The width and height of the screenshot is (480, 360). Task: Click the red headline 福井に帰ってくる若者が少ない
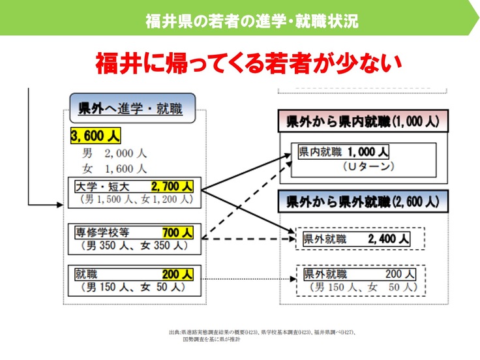click(247, 63)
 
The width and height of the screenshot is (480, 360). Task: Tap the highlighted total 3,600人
click(95, 136)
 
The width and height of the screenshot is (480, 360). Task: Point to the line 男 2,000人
click(114, 154)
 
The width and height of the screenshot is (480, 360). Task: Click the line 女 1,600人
click(114, 168)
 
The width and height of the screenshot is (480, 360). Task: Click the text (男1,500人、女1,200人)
click(136, 199)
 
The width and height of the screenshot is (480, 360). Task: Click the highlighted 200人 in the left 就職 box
click(177, 274)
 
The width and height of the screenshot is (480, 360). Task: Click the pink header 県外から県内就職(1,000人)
click(363, 121)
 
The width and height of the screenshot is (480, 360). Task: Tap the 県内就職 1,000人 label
click(343, 153)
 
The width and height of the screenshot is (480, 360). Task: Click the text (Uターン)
click(368, 167)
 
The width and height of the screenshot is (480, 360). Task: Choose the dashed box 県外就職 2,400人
click(359, 239)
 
